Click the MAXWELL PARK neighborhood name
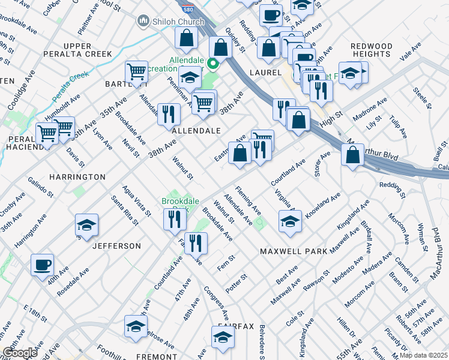point(294,251)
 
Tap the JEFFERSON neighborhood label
point(116,246)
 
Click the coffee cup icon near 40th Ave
point(42,265)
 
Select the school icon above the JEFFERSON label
point(87,225)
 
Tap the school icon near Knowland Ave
point(290,221)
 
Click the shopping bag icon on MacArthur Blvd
point(352,154)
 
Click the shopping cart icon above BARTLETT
point(137,72)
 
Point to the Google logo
point(20,353)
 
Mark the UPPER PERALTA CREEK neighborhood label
point(77,50)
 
